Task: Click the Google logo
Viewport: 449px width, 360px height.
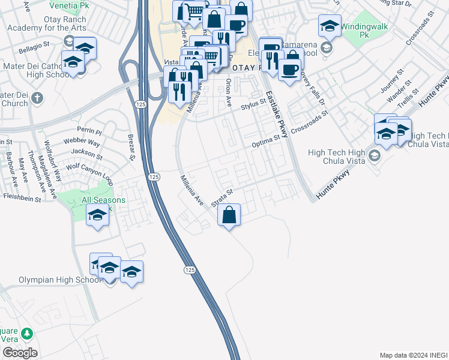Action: (20, 353)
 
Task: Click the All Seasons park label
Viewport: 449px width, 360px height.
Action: (103, 200)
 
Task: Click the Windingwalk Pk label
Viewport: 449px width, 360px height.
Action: (363, 31)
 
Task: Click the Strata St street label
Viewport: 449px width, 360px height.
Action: (221, 197)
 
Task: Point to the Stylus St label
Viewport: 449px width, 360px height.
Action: (253, 104)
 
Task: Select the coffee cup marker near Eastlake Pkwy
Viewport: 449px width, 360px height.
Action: (290, 70)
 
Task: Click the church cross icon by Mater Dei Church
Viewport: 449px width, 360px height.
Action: (37, 97)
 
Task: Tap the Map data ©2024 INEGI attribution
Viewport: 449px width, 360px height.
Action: (412, 355)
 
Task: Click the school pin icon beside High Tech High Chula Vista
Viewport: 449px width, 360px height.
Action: (375, 157)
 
